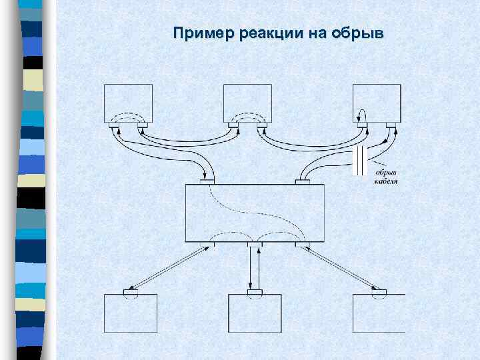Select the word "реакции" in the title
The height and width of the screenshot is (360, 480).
click(x=257, y=33)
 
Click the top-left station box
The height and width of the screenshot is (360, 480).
click(x=128, y=100)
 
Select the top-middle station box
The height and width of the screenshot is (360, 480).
click(x=247, y=100)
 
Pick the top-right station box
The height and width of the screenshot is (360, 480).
click(x=377, y=100)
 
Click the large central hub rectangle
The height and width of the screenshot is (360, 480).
click(x=255, y=213)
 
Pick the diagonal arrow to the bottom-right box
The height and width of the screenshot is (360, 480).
click(x=338, y=269)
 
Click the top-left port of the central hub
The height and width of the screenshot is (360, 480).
click(x=207, y=181)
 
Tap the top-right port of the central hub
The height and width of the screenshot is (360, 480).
click(x=303, y=181)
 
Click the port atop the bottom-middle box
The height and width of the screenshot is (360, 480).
click(x=255, y=292)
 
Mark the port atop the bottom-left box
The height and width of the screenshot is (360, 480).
click(x=131, y=292)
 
